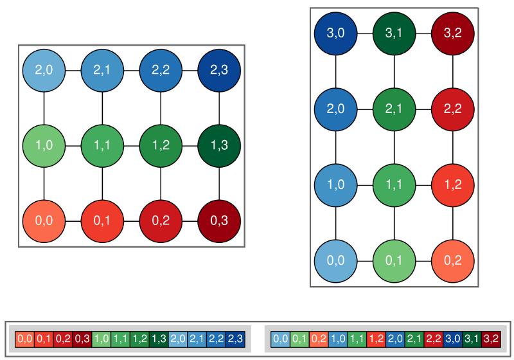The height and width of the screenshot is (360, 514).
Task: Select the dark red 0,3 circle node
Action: [219, 221]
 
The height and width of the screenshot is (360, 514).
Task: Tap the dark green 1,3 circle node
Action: [219, 145]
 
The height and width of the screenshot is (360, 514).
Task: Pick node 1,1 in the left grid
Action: [102, 145]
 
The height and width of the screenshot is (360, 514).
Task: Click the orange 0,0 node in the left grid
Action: [44, 221]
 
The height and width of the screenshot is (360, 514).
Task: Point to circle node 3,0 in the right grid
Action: [335, 33]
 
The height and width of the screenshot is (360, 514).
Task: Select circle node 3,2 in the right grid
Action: [453, 33]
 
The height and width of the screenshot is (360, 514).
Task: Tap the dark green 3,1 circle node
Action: [394, 33]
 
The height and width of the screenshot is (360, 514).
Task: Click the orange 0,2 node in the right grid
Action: [453, 261]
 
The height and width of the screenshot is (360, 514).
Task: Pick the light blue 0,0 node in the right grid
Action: [335, 261]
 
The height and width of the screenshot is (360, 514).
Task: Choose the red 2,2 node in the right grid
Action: [453, 109]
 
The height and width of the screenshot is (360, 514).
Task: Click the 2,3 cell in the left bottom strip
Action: [236, 338]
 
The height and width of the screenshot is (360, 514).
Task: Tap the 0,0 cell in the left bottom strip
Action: [25, 338]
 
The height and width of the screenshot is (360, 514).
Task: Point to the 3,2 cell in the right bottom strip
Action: [491, 338]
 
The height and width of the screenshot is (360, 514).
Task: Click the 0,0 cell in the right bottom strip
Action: [280, 338]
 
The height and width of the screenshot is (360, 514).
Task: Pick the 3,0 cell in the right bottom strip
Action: [453, 338]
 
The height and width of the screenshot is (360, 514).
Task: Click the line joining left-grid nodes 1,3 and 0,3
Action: [219, 183]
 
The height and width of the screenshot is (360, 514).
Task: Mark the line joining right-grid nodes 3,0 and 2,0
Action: [335, 71]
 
